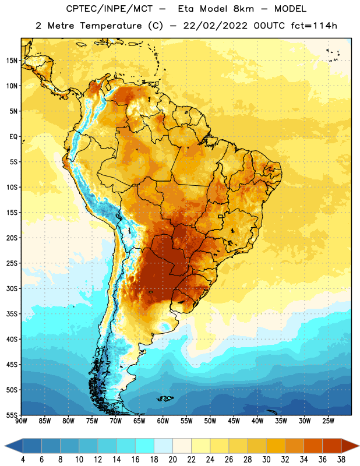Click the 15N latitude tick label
[12, 61]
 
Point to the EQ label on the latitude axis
[13, 137]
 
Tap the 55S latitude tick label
[12, 415]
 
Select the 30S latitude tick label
[12, 288]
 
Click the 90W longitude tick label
[21, 421]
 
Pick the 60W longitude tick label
[163, 421]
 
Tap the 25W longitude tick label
[328, 421]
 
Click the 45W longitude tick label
[234, 421]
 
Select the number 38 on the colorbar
[341, 460]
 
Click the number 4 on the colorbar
[23, 460]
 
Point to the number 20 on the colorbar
[172, 460]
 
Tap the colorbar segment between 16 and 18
[145, 446]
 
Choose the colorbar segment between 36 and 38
[332, 446]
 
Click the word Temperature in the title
[111, 26]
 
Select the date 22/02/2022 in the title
[215, 26]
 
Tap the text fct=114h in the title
[314, 26]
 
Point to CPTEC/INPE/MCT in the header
[110, 9]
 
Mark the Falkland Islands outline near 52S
[165, 398]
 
